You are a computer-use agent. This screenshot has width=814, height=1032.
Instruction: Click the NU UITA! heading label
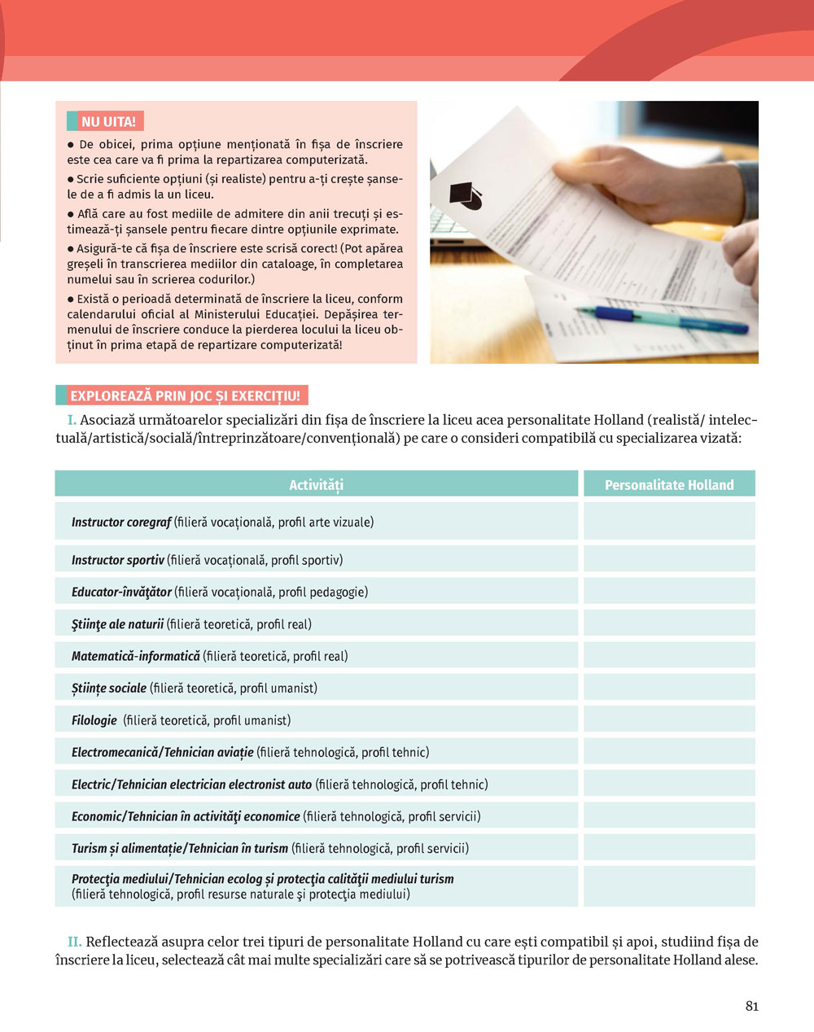[x=107, y=122]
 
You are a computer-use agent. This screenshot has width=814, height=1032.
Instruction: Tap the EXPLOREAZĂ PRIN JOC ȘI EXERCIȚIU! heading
[x=185, y=396]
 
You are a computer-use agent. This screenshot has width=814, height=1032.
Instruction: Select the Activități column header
[x=316, y=484]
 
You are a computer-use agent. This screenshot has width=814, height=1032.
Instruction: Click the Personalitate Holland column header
[x=669, y=484]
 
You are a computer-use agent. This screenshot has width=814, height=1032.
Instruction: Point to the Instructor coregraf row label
[x=121, y=522]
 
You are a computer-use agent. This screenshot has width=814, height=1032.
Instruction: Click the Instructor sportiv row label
[x=118, y=560]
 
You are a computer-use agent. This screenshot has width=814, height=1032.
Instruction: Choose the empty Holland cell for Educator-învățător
[x=669, y=592]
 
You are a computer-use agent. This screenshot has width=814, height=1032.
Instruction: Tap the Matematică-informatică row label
[x=136, y=656]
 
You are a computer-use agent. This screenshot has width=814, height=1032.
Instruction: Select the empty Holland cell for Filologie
[x=669, y=720]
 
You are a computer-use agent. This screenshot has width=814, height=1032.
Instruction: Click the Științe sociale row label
[x=109, y=689]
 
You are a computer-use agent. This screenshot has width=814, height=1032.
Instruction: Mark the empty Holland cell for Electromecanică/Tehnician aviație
[x=669, y=752]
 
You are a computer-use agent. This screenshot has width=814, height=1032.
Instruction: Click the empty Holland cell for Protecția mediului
[x=669, y=886]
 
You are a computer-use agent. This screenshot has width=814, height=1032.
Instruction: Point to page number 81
[x=751, y=1006]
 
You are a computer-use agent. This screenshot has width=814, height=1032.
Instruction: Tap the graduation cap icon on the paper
[x=466, y=195]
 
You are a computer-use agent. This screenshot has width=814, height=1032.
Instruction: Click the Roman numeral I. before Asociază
[x=72, y=420]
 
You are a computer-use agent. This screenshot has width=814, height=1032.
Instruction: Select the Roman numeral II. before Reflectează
[x=74, y=942]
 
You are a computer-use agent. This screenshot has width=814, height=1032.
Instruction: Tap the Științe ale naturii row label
[x=117, y=624]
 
